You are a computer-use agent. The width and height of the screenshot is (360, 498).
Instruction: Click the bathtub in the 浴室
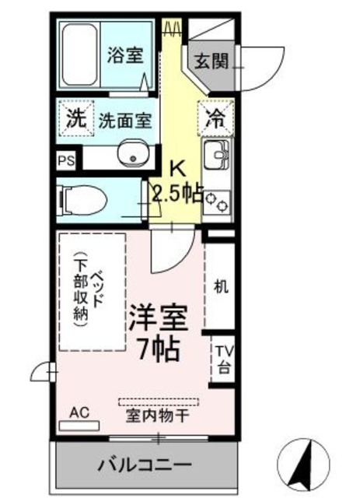(x=79, y=54)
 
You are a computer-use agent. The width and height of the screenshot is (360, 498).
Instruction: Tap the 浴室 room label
(x=124, y=55)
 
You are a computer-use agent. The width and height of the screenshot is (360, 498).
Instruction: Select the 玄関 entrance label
(x=211, y=61)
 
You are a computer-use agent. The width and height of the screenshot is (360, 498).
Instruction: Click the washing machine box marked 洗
(x=76, y=118)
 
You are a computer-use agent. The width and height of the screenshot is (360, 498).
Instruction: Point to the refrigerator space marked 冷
(x=215, y=118)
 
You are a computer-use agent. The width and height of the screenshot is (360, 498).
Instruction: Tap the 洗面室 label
(x=125, y=121)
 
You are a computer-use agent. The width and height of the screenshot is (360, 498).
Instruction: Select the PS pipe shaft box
(x=66, y=160)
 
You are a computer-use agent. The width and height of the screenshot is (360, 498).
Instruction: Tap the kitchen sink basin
(x=217, y=155)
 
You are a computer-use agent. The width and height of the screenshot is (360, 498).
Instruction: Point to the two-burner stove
(x=217, y=202)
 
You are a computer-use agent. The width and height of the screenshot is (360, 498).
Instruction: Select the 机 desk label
(x=221, y=286)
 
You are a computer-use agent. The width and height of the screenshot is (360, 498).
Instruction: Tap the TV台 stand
(x=224, y=359)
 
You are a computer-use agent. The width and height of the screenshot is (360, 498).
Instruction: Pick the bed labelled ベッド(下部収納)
(x=92, y=292)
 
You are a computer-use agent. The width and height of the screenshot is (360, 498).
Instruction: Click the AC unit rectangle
(x=79, y=426)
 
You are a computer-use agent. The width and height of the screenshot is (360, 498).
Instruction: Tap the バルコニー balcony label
(x=145, y=465)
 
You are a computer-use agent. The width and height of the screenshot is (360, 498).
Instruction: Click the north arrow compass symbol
(x=303, y=465)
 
